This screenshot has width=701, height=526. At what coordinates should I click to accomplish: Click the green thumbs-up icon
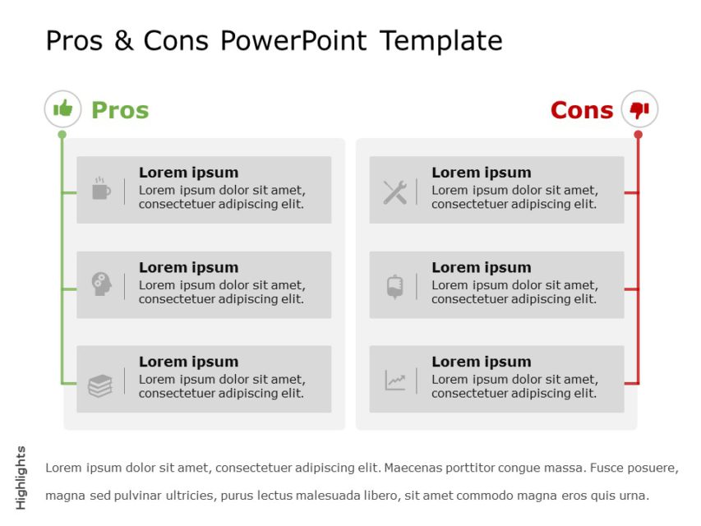62,108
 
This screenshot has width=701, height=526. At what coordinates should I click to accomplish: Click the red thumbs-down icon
639,109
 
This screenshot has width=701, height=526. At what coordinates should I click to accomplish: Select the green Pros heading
120,110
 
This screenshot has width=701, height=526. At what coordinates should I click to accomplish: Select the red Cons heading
582,110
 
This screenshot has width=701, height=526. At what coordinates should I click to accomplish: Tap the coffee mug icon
100,189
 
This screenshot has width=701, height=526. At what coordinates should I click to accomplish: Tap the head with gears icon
100,284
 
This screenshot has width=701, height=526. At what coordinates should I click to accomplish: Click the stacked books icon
100,385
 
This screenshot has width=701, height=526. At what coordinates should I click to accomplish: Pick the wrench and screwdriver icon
394,192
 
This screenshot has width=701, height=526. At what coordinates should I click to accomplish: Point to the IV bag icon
394,286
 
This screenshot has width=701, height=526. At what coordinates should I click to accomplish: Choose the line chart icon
395,381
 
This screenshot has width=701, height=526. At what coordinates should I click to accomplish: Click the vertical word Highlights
21,478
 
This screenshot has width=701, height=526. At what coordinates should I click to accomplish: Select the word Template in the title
441,40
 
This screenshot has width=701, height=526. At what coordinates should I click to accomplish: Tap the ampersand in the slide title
123,40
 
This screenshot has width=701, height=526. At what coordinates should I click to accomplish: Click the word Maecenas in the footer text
416,468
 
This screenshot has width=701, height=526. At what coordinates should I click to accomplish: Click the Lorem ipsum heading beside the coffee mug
188,173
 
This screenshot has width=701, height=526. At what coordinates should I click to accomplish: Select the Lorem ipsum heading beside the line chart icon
481,362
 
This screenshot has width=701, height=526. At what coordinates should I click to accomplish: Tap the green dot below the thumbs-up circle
62,134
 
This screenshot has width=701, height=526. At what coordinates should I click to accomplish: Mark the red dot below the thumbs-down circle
639,134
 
